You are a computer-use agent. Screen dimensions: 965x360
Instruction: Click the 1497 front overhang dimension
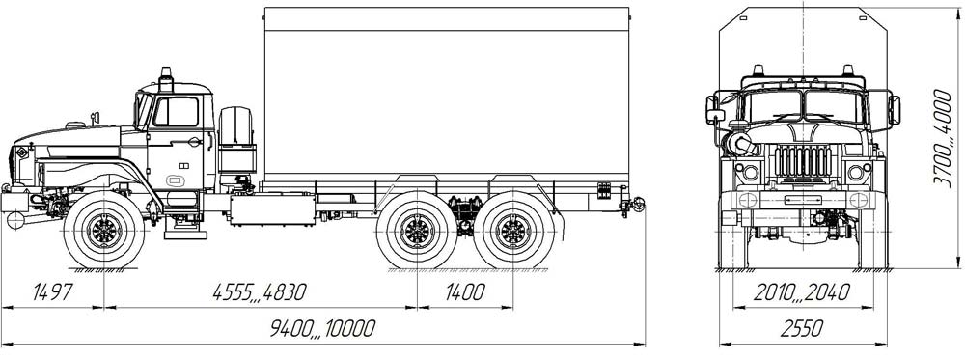pos(52,292)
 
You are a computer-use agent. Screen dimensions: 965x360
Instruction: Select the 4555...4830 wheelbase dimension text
pos(259,292)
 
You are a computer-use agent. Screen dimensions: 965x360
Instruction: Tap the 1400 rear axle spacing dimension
pos(465,292)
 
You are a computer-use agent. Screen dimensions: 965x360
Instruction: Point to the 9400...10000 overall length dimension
pos(322,328)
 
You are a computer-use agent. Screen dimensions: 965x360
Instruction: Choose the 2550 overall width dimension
pos(802,328)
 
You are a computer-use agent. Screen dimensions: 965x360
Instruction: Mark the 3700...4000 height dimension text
pos(942,137)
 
